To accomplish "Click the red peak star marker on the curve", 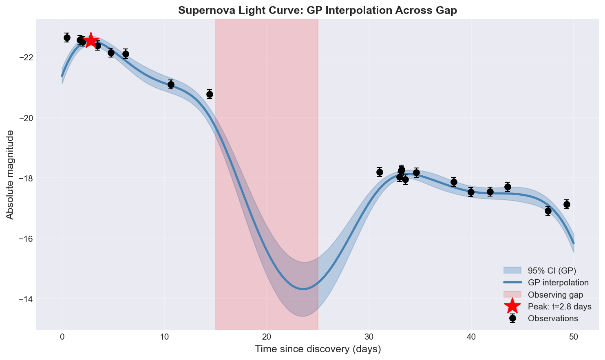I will point(91,41).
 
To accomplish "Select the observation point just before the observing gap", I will point(210,94).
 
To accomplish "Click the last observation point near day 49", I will point(567,204).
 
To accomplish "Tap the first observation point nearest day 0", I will point(67,38).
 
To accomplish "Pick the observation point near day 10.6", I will point(171,84).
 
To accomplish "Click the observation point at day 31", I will point(380,172).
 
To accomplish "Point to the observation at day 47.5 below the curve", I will point(548,211).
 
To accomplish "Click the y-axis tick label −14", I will point(24,299).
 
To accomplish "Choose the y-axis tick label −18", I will point(24,178).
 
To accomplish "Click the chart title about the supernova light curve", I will point(318,11).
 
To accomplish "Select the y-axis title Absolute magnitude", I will point(10,174).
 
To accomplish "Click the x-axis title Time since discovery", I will point(318,349).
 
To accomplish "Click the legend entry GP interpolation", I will point(558,283).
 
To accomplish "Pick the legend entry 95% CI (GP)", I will point(552,270).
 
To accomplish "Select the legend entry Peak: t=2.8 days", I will point(559,306).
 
